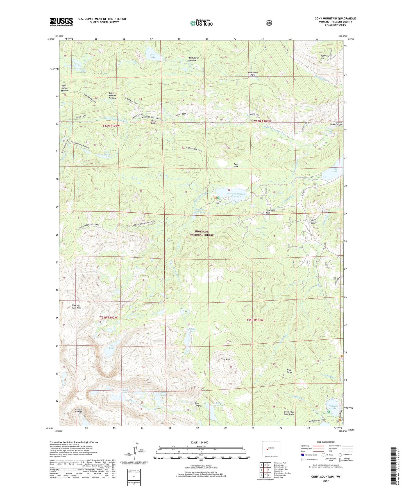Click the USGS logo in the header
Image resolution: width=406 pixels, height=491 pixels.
pos(61,22)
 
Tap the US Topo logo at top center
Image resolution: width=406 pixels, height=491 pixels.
pos(201,23)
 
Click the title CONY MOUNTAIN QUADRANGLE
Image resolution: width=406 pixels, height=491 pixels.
pos(335,19)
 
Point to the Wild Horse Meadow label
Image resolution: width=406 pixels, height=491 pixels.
pos(193,59)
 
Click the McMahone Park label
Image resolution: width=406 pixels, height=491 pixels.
pos(252,74)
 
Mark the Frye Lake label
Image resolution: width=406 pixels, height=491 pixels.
pos(335,170)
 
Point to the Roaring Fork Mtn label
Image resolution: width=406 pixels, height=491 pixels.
pos(76,307)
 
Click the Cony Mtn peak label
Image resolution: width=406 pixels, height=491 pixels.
pos(225,359)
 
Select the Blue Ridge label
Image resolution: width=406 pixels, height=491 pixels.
pos(289,371)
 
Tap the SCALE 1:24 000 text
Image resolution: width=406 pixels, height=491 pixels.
pos(199,442)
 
